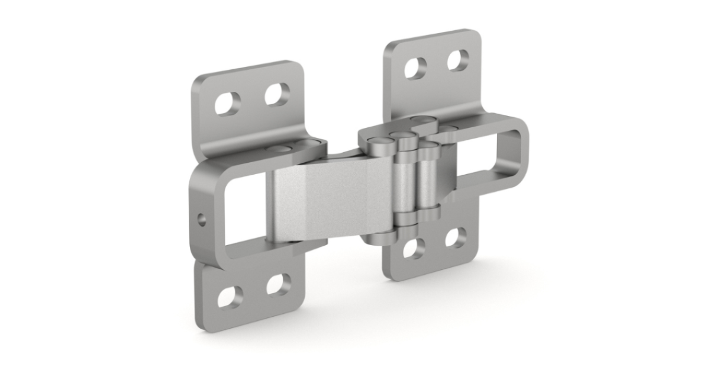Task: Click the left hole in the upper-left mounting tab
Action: click(x=228, y=104)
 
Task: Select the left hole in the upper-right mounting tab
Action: click(x=415, y=69)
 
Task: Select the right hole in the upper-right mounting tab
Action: click(x=457, y=60)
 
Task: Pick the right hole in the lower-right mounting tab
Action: click(x=456, y=237)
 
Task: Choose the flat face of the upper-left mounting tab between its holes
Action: click(x=252, y=99)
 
